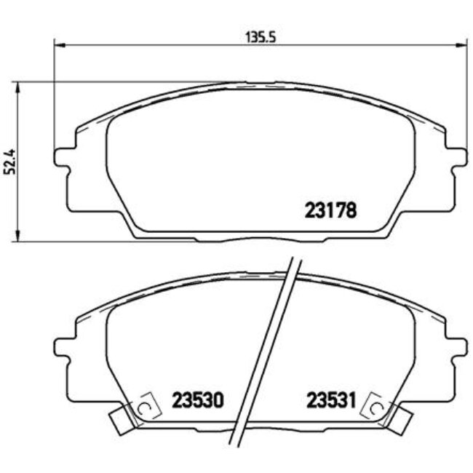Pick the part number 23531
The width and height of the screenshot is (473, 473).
tap(330, 400)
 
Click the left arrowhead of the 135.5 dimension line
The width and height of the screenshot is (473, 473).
tap(59, 44)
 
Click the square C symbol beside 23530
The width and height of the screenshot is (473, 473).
tap(146, 407)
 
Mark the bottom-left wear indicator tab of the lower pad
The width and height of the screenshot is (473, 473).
tap(120, 418)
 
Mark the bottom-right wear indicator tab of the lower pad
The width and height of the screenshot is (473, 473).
tap(400, 418)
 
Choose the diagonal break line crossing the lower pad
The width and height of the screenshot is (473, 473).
tap(267, 349)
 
